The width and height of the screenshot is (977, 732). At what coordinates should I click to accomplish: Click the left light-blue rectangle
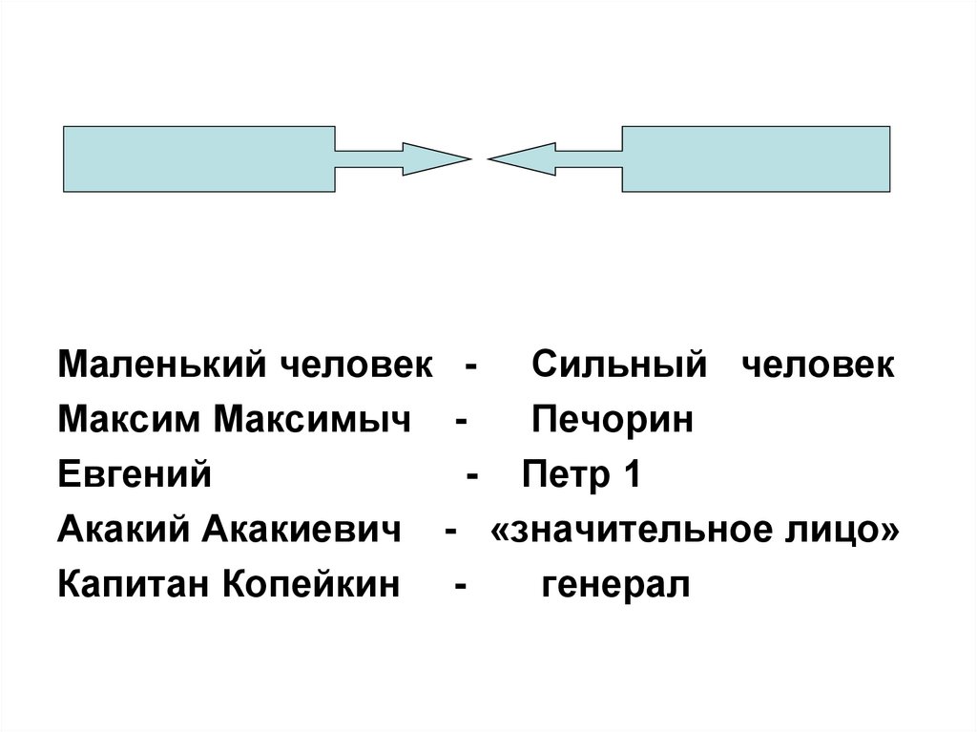(198, 158)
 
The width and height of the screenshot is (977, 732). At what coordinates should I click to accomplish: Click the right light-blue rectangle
(756, 158)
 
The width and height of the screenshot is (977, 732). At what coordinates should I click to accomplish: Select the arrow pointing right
(401, 158)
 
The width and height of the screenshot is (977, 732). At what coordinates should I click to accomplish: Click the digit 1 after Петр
(630, 474)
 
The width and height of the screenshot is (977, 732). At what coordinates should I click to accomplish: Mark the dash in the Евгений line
(471, 474)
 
